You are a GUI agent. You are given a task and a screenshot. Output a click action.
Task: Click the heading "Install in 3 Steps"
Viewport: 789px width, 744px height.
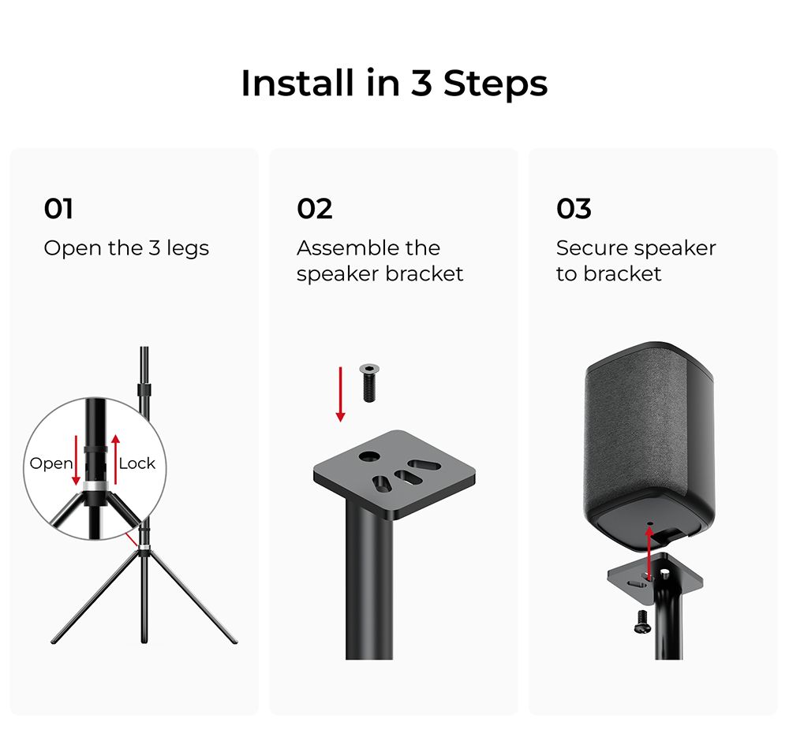coord(394,84)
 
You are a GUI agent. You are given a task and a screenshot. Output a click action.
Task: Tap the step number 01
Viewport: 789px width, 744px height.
coord(58,209)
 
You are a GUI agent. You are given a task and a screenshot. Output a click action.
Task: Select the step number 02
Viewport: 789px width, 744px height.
coord(314,209)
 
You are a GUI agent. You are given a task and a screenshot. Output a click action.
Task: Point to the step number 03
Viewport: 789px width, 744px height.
coord(574,209)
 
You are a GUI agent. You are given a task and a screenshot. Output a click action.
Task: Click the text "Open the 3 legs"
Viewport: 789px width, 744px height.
coord(126,248)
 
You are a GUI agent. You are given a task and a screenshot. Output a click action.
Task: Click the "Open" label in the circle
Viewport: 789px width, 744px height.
coord(50,463)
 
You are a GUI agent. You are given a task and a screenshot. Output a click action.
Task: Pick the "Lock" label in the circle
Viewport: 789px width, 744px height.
coord(137,463)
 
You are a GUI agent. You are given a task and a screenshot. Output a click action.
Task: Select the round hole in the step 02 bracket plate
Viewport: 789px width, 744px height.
coord(368,456)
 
